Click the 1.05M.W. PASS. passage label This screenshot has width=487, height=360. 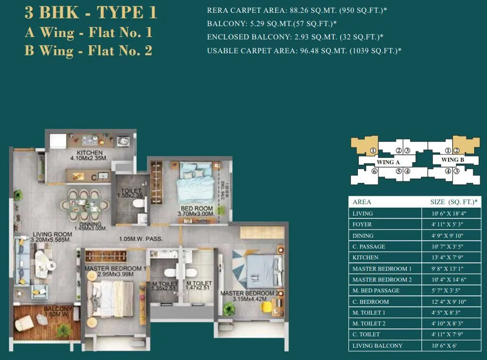(141, 240)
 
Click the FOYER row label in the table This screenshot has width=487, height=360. (363, 224)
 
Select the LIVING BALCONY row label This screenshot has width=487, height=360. (378, 346)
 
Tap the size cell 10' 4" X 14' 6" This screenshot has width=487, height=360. (450, 280)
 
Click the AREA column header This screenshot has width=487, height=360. (362, 202)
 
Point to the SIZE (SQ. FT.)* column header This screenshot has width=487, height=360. (453, 202)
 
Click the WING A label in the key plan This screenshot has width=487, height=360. (387, 162)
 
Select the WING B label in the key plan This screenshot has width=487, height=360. (452, 160)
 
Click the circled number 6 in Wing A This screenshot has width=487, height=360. (375, 171)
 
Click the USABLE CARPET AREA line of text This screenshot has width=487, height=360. (304, 51)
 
